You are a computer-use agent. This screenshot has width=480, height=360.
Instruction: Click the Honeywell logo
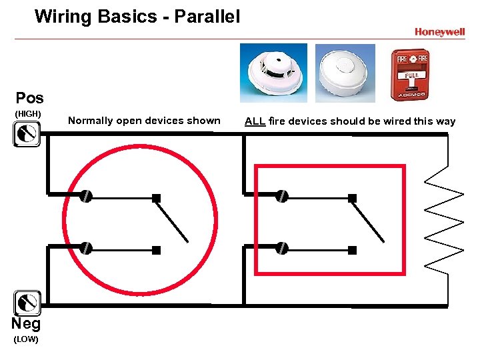click(x=439, y=32)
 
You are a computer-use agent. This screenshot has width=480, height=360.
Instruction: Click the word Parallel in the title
click(x=207, y=16)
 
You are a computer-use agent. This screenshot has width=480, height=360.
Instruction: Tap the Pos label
click(x=29, y=98)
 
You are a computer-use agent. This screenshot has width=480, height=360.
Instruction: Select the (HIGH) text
click(x=28, y=114)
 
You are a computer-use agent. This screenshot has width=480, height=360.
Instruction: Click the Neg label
click(x=26, y=324)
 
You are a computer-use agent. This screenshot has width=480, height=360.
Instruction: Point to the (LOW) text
click(x=26, y=340)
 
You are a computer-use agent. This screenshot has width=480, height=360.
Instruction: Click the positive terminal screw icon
click(x=27, y=135)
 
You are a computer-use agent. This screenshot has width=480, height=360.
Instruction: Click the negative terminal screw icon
click(x=27, y=303)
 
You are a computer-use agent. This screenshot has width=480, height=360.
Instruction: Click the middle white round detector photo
click(x=345, y=73)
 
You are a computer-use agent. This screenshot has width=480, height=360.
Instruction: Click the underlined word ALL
click(x=255, y=121)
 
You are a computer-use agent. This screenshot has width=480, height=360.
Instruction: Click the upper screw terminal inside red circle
click(x=86, y=196)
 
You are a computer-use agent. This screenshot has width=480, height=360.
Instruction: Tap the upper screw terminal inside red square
click(x=283, y=196)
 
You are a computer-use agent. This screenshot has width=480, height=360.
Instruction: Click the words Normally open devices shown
click(x=144, y=121)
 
